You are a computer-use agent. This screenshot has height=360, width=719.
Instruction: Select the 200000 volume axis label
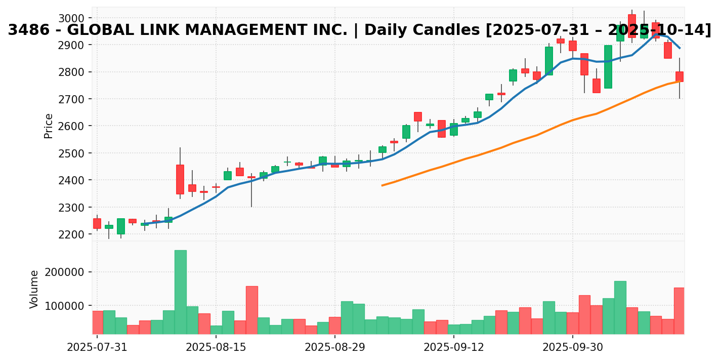(65, 272)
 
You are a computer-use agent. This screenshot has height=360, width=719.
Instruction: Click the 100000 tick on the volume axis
(65, 306)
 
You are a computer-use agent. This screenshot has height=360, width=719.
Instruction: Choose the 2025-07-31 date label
(97, 348)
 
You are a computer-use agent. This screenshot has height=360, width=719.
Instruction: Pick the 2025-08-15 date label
(216, 348)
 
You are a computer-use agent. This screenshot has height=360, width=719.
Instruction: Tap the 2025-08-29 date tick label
(334, 348)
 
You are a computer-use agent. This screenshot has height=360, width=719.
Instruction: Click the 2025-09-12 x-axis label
(453, 348)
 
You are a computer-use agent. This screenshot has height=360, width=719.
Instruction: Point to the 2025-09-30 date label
(572, 348)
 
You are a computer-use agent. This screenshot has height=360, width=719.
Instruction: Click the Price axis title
(49, 126)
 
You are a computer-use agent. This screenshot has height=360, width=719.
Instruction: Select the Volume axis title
(34, 289)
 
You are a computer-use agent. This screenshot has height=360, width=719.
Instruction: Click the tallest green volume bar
(180, 292)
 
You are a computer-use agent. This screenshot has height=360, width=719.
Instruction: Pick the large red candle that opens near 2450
(180, 179)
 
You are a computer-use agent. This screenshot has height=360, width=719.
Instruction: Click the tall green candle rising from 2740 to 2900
(608, 67)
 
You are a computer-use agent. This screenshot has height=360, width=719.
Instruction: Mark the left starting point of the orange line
(382, 185)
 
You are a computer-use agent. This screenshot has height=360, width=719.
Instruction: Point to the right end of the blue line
(680, 48)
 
